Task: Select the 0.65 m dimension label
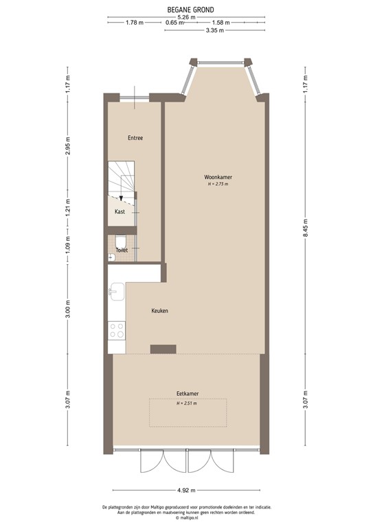pyautogui.click(x=175, y=23)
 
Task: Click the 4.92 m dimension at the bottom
pyautogui.click(x=186, y=490)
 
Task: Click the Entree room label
pyautogui.click(x=135, y=138)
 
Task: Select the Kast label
pyautogui.click(x=120, y=212)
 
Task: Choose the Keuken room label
pyautogui.click(x=160, y=311)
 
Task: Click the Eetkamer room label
pyautogui.click(x=187, y=394)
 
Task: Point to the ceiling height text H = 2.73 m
pyautogui.click(x=218, y=184)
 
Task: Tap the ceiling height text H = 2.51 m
pyautogui.click(x=187, y=403)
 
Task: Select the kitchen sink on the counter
pyautogui.click(x=115, y=292)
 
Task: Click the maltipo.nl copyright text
pyautogui.click(x=186, y=518)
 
